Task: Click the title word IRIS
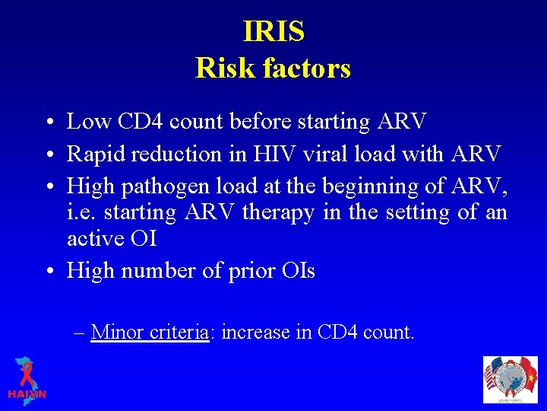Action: (x=273, y=32)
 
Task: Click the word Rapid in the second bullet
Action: (x=94, y=154)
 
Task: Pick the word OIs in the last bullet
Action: (x=299, y=271)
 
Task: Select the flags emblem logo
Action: (x=510, y=379)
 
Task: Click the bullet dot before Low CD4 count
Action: (x=49, y=122)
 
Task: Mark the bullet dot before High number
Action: (x=49, y=272)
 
